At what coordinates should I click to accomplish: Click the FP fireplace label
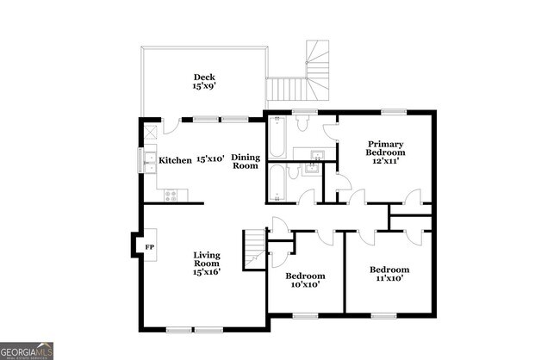tap(148, 247)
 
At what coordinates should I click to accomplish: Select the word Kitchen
tap(175, 160)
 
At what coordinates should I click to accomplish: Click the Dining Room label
tap(246, 161)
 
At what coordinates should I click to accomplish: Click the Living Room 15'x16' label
tap(207, 263)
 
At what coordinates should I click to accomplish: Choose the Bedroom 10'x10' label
tap(303, 280)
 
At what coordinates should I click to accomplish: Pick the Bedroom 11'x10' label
tap(389, 274)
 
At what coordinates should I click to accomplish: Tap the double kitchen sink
tap(148, 160)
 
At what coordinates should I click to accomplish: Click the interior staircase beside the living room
tap(253, 248)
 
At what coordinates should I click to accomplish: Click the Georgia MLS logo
tap(28, 351)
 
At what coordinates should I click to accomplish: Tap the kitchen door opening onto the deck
tap(171, 126)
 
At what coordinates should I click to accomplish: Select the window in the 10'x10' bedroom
tap(305, 316)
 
